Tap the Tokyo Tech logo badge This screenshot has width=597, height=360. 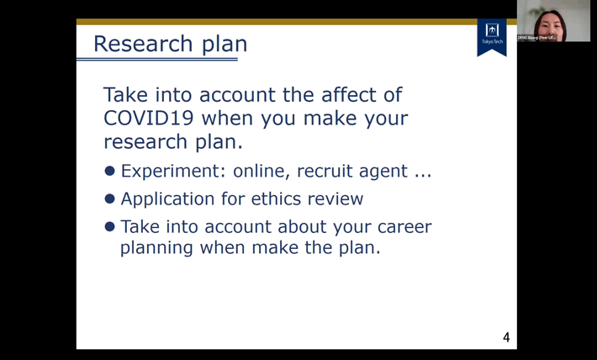pos(492,35)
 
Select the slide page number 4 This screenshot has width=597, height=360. pos(506,338)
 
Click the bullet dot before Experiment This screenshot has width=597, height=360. pos(109,172)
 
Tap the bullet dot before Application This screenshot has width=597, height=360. pos(109,199)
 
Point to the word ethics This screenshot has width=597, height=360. pos(283,199)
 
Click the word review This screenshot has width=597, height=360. pos(335,199)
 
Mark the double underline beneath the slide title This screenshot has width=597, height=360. pos(156,59)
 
